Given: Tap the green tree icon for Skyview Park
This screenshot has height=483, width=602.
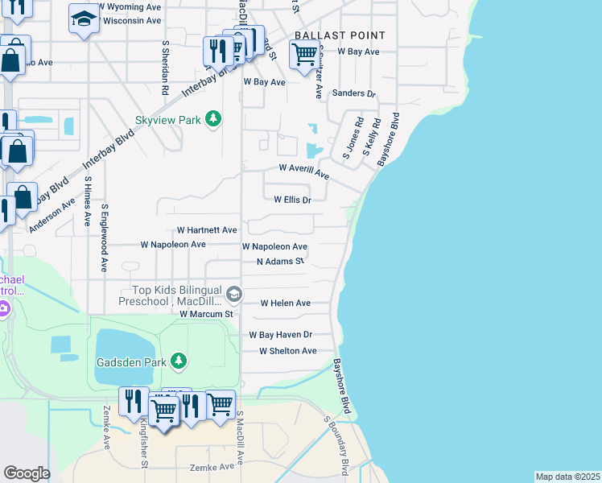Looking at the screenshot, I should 212,119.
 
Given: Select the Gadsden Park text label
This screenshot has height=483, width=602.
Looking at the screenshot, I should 132,362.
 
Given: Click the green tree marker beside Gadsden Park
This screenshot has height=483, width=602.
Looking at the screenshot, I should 178,361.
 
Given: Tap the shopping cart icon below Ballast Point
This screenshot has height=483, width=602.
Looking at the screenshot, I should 303,56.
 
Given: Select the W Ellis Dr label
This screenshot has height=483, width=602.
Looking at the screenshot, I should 292,200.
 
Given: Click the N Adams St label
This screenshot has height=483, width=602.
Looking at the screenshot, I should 280,262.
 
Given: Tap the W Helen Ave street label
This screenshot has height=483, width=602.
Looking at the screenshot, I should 285,303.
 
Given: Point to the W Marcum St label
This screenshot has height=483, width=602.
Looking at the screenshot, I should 205,314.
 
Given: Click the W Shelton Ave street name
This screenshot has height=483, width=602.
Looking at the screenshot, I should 287,351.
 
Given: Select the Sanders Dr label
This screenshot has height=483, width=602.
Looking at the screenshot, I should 354,94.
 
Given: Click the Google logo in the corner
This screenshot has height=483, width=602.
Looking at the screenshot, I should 27,473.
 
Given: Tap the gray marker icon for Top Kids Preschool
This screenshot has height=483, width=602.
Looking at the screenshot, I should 233,291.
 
